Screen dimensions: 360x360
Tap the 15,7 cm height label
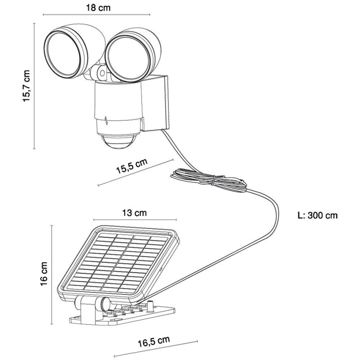click(x=27, y=85)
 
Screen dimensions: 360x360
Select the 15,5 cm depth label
click(x=132, y=167)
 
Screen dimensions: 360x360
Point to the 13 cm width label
click(x=135, y=213)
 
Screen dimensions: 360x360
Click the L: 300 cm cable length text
click(x=318, y=216)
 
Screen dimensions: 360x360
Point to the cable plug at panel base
click(x=150, y=306)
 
